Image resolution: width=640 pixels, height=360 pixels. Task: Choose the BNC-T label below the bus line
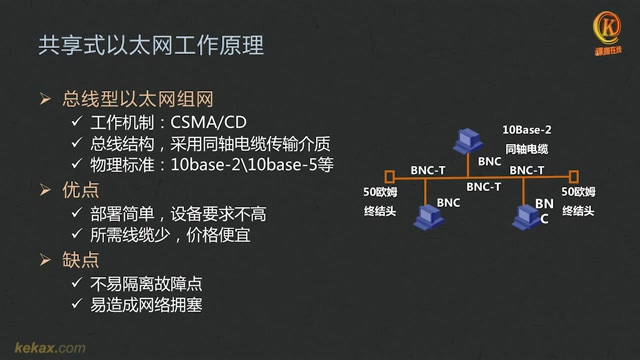[x=484, y=187]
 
